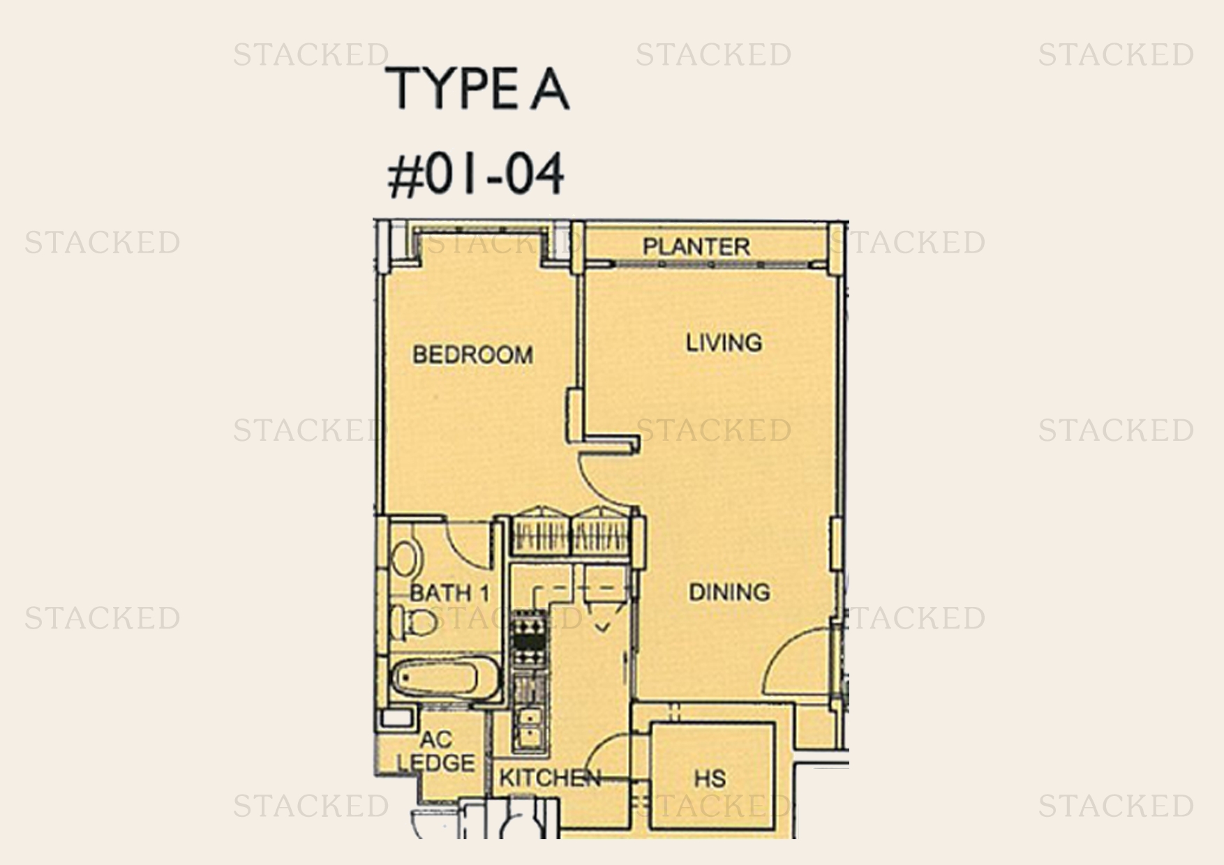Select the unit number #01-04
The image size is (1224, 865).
click(x=476, y=175)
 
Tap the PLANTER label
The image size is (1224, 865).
click(x=696, y=246)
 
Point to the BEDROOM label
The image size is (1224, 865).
click(x=472, y=354)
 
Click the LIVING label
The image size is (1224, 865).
click(x=724, y=343)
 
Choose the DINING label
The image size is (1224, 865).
click(x=729, y=592)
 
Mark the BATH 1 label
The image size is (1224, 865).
click(x=449, y=594)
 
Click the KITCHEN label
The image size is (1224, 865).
click(x=550, y=778)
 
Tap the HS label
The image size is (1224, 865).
click(x=710, y=778)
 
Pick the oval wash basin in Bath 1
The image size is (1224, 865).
click(x=404, y=559)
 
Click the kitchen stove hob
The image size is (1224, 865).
click(x=530, y=639)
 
